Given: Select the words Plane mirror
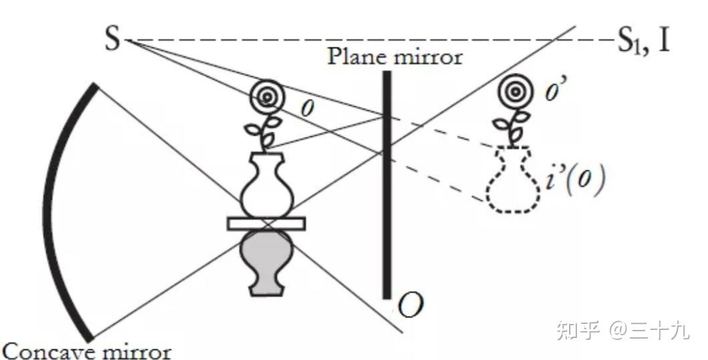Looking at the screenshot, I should [394, 57].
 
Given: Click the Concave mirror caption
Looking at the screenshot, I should [87, 350].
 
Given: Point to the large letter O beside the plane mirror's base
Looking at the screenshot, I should [410, 306].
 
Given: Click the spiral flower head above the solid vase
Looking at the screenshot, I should [266, 98].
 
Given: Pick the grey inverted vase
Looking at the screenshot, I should [266, 260].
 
